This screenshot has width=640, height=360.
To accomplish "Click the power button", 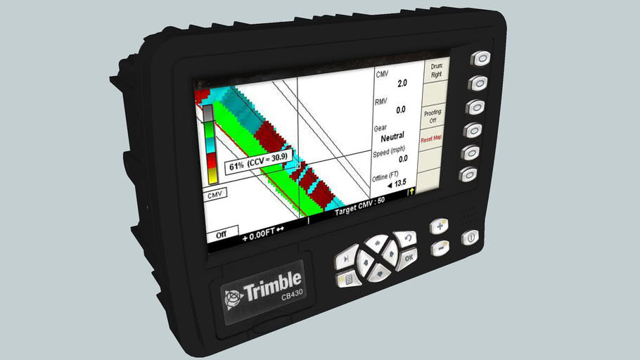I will [x=469, y=239].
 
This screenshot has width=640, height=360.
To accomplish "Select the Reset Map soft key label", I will [x=431, y=139].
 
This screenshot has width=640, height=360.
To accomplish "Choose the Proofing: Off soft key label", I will [x=433, y=116].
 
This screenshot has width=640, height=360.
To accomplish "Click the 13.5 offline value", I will [x=400, y=184].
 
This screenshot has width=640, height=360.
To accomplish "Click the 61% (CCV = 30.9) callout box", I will [x=258, y=167].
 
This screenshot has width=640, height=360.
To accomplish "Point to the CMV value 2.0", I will [x=402, y=83].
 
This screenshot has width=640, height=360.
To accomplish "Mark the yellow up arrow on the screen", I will [x=411, y=191].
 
